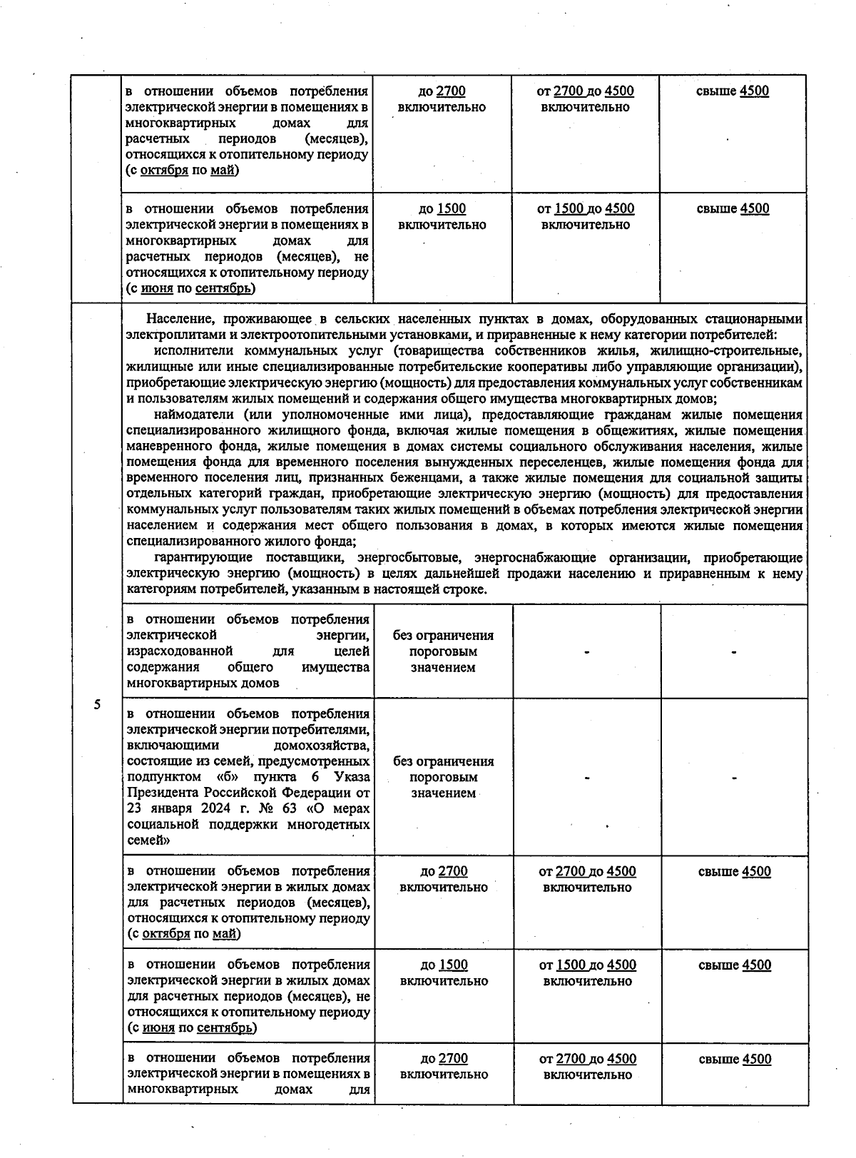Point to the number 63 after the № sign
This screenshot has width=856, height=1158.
point(291,808)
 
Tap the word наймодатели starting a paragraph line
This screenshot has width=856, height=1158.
point(188,415)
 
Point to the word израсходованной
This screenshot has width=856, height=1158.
point(180,651)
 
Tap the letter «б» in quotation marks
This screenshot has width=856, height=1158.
point(225,776)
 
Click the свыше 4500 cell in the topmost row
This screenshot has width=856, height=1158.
point(733,91)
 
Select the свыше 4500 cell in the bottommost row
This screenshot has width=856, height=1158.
point(735,1059)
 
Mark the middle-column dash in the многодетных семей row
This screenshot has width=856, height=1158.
point(586,778)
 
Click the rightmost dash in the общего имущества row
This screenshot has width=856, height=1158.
point(733,651)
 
